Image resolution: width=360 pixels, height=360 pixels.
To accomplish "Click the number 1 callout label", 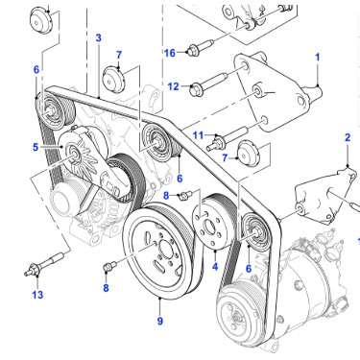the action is pyautogui.click(x=317, y=58).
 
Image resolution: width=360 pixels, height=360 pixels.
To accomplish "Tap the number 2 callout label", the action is pyautogui.click(x=348, y=137).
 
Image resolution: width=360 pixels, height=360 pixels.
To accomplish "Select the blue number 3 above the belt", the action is pyautogui.click(x=98, y=37).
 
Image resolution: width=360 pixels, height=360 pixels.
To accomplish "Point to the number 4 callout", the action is pyautogui.click(x=215, y=266).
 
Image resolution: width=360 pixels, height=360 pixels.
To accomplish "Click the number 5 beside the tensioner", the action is pyautogui.click(x=36, y=147).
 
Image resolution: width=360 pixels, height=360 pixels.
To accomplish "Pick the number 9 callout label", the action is pyautogui.click(x=160, y=321).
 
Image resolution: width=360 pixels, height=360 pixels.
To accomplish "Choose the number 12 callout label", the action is pyautogui.click(x=173, y=86).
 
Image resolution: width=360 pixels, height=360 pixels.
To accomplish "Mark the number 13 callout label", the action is pyautogui.click(x=37, y=295).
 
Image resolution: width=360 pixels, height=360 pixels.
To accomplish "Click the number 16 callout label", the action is pyautogui.click(x=170, y=53).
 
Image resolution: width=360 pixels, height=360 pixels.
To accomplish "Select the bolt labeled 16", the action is pyautogui.click(x=201, y=47).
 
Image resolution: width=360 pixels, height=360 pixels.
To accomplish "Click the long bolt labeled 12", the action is pyautogui.click(x=209, y=83).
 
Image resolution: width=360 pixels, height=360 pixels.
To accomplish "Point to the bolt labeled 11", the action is pyautogui.click(x=228, y=138).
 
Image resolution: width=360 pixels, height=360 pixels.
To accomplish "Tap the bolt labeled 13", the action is pyautogui.click(x=45, y=263).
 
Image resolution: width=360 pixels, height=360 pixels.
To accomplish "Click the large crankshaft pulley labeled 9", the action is pyautogui.click(x=159, y=252).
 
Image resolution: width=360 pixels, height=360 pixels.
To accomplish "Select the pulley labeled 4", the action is pyautogui.click(x=214, y=222).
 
